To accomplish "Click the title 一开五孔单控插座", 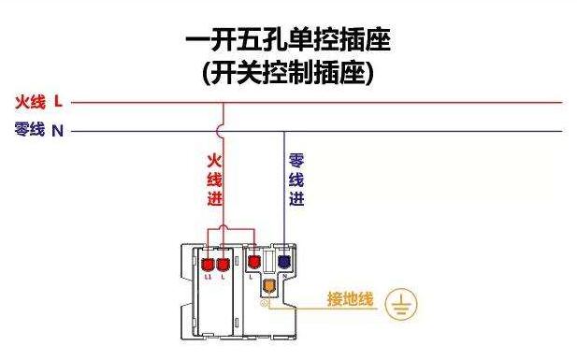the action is [x=288, y=40].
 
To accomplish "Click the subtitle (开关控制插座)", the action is [x=288, y=73].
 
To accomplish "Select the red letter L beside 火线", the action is [x=58, y=102].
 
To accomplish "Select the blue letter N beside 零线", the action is [x=58, y=131].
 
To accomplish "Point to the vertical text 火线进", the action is [x=213, y=179].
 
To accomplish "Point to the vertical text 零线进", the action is [x=296, y=179].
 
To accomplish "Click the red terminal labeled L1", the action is [x=208, y=261].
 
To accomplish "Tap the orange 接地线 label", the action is [x=350, y=300].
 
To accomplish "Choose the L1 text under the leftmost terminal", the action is [x=208, y=278].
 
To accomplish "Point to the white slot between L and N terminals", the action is [x=268, y=261].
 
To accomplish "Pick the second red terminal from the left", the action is [x=223, y=261].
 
